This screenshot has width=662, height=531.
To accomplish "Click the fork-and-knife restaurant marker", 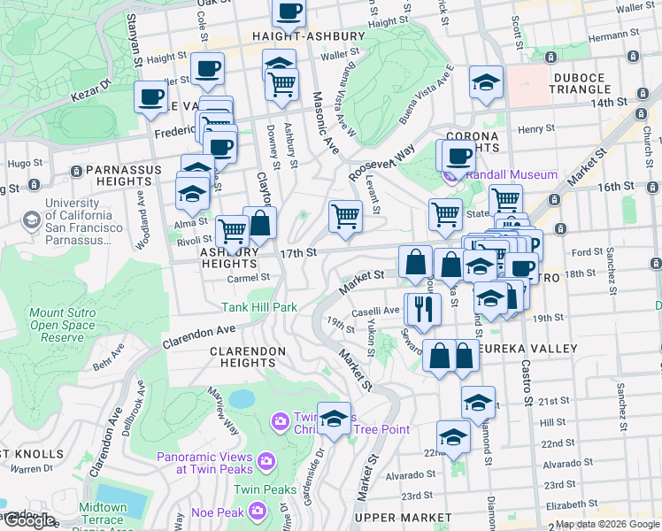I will point(422,308).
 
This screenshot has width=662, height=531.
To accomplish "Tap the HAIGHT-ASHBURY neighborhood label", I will point(308,36).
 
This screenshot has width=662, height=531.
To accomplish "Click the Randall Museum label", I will point(511,174).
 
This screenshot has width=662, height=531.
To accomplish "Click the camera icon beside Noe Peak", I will point(258,510).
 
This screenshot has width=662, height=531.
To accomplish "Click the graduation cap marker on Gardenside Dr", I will point(335,418).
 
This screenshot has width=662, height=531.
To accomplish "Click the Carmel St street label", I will point(247,277).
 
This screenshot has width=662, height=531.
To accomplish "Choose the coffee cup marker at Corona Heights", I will point(458,157).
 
